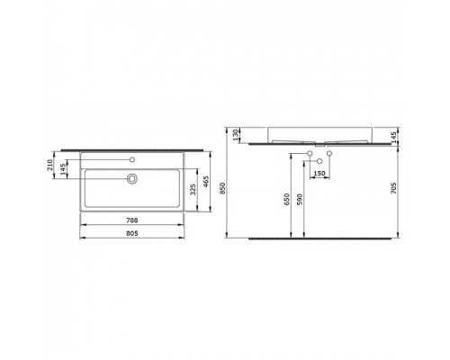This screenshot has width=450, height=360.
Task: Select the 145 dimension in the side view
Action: point(393,138)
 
